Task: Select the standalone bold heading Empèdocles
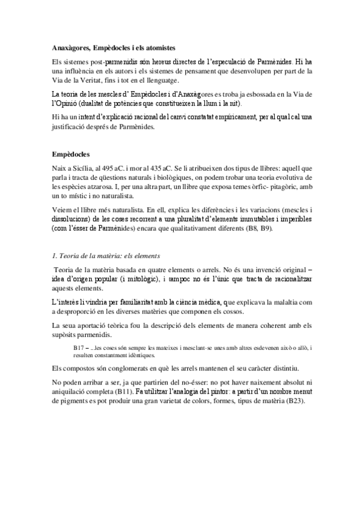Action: (70, 154)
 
